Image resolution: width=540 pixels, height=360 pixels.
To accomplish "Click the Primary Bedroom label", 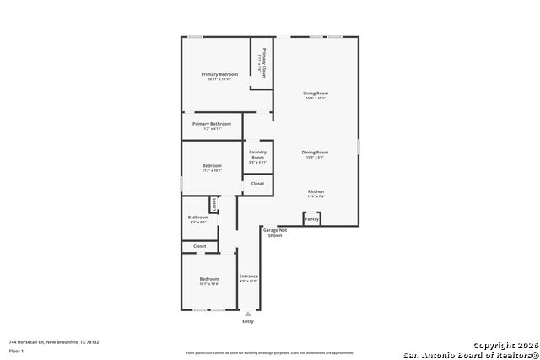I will [x=219, y=75].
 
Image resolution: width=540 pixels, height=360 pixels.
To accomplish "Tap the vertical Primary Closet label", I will [x=264, y=61].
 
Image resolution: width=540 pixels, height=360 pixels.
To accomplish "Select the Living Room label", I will [x=316, y=94].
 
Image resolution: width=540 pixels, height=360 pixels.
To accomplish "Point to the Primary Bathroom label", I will [x=212, y=125].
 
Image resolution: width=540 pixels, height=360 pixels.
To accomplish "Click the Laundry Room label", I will [x=257, y=154].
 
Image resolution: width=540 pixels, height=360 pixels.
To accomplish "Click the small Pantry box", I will [x=311, y=218].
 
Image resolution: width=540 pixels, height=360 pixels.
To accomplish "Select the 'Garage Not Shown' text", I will [x=275, y=232].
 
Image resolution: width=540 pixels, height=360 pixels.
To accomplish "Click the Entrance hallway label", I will [x=248, y=277].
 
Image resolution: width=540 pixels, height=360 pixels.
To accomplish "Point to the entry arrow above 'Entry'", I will [x=247, y=313].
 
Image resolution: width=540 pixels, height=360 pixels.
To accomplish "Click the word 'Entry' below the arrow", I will [x=247, y=321].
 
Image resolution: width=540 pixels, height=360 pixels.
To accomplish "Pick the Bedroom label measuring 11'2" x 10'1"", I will [x=212, y=167].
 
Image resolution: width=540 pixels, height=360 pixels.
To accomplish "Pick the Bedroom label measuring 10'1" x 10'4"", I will [x=209, y=280].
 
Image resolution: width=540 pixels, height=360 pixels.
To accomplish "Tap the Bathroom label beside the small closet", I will [x=198, y=218].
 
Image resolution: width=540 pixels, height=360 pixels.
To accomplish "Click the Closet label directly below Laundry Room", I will [x=257, y=183].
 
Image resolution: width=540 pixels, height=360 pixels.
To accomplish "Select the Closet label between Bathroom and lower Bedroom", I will [x=199, y=246].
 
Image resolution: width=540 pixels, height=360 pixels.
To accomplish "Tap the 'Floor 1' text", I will [x=17, y=351].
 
